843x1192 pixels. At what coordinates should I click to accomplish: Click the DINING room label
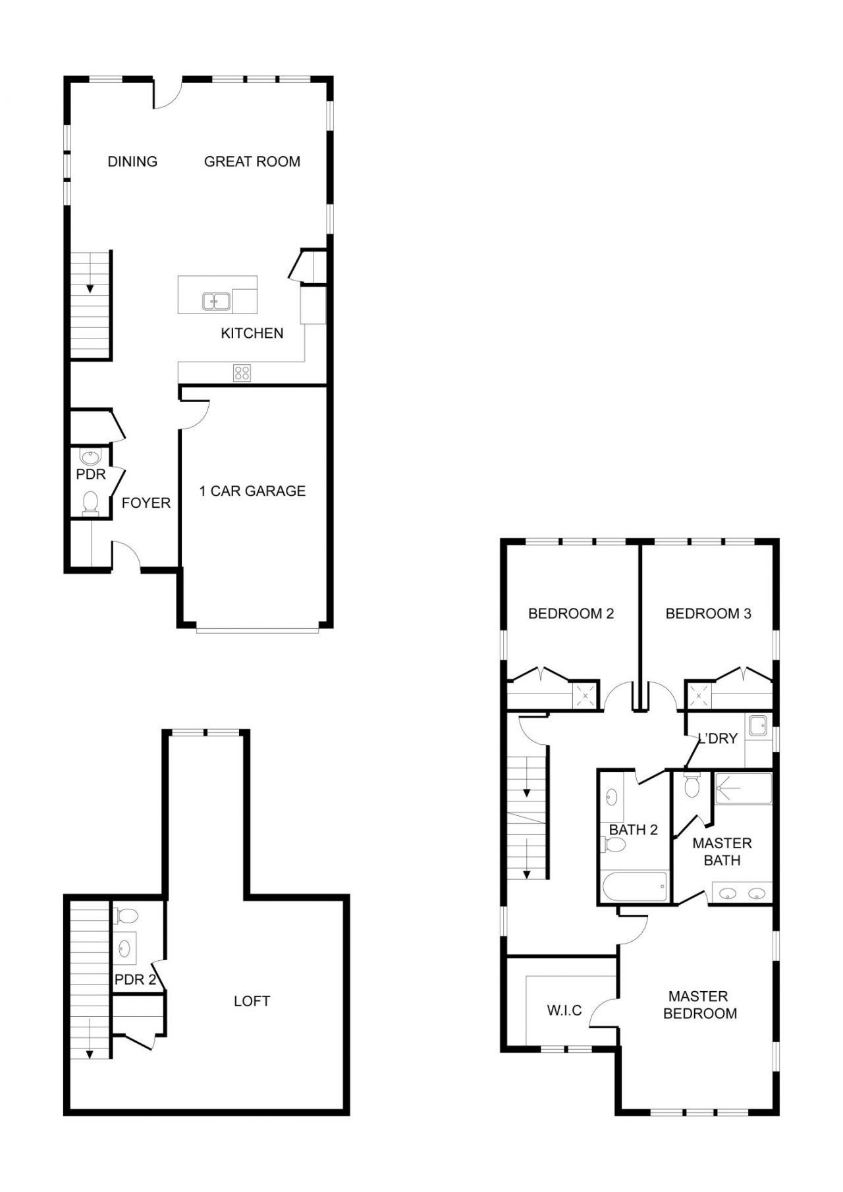132,161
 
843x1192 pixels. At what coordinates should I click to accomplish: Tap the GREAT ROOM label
252,161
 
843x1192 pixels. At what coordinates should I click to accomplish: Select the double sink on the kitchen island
216,302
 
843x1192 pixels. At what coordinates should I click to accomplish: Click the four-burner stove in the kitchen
242,373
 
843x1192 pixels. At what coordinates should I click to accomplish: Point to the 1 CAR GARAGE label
252,491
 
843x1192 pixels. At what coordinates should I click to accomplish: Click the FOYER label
146,503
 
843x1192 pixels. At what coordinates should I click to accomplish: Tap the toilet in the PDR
90,502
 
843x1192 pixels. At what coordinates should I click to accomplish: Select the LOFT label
252,1001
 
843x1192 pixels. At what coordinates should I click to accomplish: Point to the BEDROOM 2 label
571,614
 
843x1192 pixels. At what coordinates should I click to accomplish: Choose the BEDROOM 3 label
708,614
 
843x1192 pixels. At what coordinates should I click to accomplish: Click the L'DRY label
717,739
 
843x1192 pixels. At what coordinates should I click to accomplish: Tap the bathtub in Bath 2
634,886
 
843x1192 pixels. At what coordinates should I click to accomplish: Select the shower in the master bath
744,788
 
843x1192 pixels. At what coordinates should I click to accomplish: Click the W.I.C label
564,1010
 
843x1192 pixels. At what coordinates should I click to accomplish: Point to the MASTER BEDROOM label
699,1005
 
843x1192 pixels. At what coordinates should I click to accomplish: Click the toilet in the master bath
692,786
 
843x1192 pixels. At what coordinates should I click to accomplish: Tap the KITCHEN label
252,333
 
